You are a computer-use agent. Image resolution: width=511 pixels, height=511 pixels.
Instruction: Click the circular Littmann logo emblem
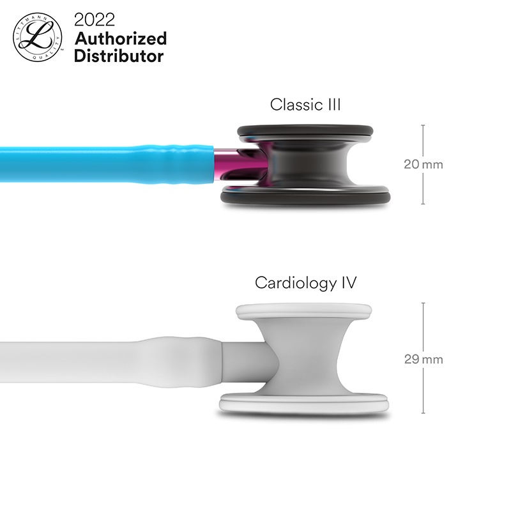(38, 38)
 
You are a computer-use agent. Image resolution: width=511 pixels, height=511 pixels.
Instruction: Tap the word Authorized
(120, 38)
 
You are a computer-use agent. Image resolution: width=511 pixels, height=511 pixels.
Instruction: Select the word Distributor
(119, 56)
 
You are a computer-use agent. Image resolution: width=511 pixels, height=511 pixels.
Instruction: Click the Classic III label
(305, 104)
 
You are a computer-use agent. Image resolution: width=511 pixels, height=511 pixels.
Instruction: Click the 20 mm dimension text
(423, 164)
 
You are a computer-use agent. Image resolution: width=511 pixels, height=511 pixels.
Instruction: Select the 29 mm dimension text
(423, 359)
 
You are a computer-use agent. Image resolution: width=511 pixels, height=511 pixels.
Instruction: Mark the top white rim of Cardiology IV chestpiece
(303, 311)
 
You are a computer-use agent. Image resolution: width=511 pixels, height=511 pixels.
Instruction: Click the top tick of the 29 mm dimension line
(423, 303)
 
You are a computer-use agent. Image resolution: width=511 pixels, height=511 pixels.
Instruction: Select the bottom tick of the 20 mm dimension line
(423, 204)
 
